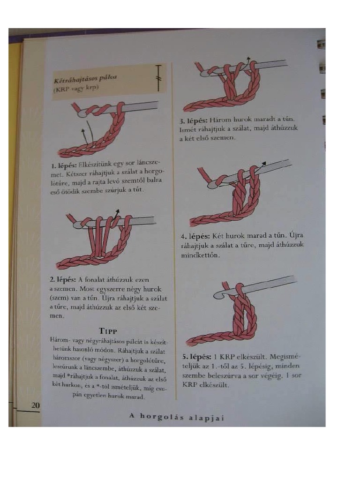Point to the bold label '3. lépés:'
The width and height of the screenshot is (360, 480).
point(193,120)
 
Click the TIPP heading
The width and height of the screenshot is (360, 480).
point(108,330)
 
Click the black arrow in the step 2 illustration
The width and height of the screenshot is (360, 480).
point(116,213)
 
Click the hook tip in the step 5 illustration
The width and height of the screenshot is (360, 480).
point(218,295)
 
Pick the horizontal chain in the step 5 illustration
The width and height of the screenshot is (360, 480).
point(211,339)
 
